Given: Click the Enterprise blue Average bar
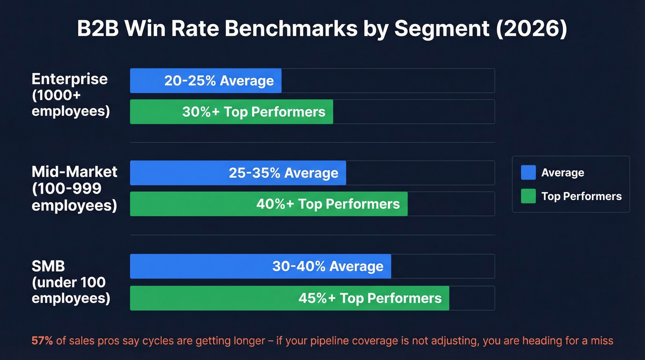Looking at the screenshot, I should click(205, 81).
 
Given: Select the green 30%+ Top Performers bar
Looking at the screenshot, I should click(231, 112).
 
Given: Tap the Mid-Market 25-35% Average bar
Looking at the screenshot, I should click(238, 173).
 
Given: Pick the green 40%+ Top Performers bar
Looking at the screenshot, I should click(269, 204).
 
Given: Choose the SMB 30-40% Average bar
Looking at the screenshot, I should click(260, 266).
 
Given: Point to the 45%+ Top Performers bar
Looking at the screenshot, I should click(289, 298).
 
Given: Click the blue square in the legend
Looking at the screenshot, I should click(528, 173).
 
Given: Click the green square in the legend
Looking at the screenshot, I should click(528, 196).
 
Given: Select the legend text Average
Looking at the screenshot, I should click(563, 173).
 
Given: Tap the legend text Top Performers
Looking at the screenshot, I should click(581, 196).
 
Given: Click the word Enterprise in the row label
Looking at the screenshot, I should click(70, 79).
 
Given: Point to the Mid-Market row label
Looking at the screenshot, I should click(74, 172).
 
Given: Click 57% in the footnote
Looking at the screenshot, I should click(42, 341).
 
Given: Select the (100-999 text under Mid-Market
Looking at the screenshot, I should click(66, 189).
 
